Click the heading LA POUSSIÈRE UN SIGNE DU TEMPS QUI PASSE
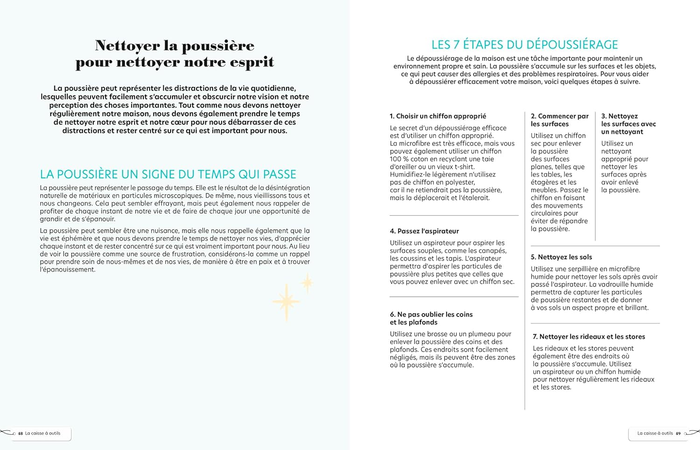168,175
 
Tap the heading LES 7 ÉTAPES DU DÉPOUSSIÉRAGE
525,45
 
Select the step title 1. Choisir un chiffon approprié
438,116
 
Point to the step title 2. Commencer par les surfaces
560,120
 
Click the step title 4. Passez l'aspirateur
424,231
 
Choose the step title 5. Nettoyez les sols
561,257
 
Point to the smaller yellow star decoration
307,283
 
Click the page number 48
20,434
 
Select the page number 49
678,434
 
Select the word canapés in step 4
492,251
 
